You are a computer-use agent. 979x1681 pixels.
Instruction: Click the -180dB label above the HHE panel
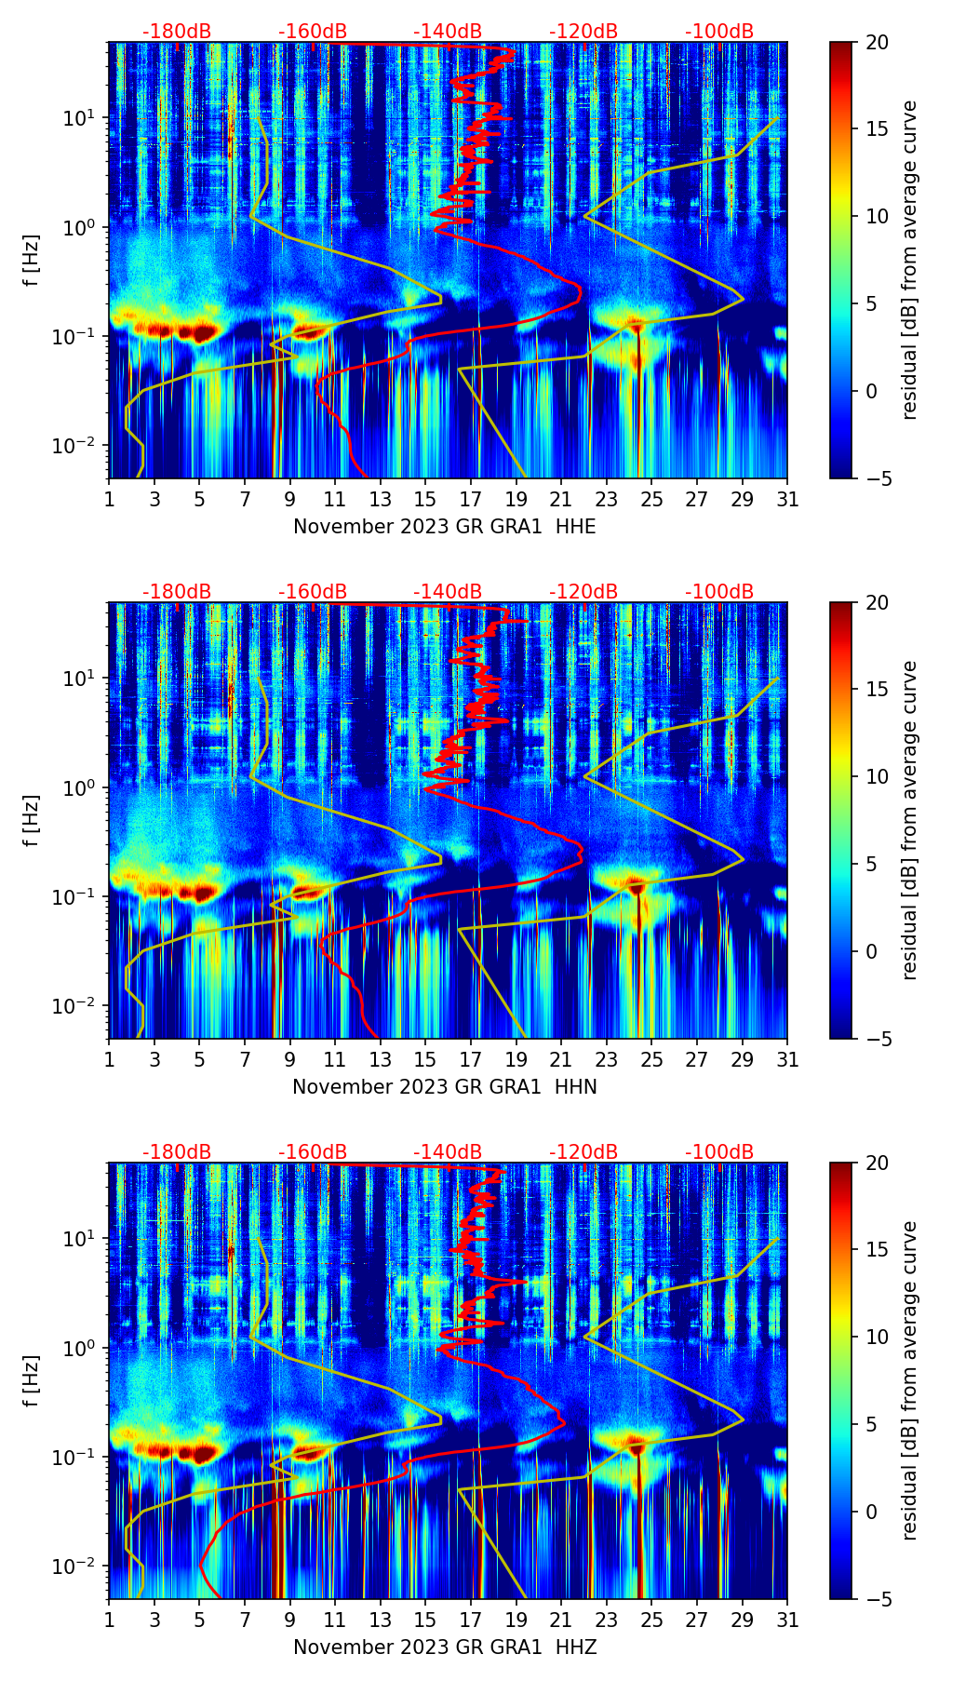177,32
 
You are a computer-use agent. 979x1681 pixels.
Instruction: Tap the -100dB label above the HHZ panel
719,1152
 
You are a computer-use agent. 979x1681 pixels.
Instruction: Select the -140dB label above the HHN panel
448,592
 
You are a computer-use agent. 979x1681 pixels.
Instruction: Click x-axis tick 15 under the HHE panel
425,499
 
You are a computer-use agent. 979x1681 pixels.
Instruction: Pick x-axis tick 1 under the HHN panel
110,1059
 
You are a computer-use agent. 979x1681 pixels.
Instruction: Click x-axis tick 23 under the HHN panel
607,1059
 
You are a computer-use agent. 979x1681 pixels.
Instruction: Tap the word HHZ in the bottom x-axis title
576,1647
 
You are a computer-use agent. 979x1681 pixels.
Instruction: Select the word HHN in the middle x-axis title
576,1087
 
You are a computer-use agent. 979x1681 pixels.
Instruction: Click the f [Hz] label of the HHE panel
32,261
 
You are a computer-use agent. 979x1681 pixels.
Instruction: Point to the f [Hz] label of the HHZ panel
32,1381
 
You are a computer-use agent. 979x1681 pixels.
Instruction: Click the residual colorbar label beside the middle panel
909,820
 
